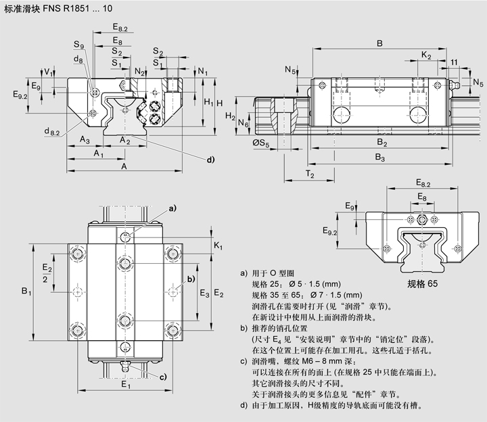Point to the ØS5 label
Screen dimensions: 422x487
[260, 143]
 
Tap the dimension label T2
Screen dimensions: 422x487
[309, 174]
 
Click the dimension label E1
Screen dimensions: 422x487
[125, 385]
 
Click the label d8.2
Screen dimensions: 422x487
[51, 131]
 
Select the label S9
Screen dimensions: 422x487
[79, 47]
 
